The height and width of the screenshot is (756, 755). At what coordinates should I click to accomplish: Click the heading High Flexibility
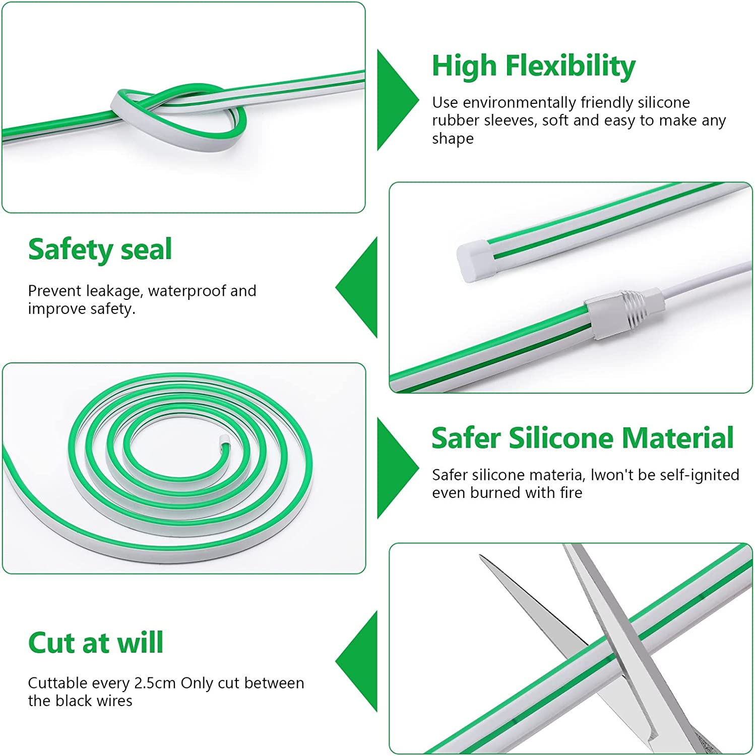coord(533,67)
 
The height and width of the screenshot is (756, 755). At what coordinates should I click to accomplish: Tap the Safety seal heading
coord(100,249)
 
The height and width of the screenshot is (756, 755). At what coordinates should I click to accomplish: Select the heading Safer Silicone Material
coord(582,437)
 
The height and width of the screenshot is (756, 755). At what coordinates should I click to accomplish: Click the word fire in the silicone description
coord(571,492)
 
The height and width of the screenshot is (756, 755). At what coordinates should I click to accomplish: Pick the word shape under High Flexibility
coord(453,139)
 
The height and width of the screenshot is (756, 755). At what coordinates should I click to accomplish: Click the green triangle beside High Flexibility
coord(398,100)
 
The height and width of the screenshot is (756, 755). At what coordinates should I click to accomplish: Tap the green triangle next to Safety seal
coord(356,287)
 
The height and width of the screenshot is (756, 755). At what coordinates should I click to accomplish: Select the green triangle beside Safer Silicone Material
coord(398,468)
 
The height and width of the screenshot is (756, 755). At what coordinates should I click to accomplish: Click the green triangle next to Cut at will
coord(356,661)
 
